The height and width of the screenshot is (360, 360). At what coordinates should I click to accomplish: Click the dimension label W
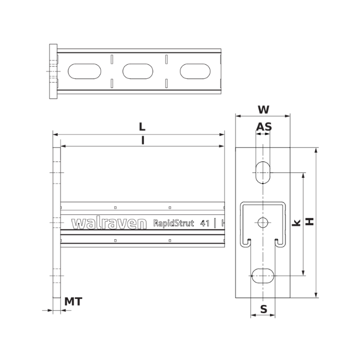(263, 109)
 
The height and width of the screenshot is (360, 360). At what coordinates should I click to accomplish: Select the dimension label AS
(264, 126)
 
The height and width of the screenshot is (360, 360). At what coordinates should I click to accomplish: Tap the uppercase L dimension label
(142, 126)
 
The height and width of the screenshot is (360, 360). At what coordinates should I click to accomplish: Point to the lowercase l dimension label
(142, 140)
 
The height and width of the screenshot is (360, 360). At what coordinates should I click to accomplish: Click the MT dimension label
(73, 301)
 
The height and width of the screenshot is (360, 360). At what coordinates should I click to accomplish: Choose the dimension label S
(263, 309)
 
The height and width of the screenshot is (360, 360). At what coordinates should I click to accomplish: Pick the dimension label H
(310, 222)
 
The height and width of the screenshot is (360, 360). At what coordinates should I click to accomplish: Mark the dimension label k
(296, 223)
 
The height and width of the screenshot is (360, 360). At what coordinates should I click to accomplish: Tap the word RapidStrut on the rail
(173, 223)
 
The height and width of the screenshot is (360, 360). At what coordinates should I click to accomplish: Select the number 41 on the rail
(205, 223)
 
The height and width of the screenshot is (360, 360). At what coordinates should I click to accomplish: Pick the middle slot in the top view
(138, 71)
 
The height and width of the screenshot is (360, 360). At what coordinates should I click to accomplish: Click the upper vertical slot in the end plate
(263, 172)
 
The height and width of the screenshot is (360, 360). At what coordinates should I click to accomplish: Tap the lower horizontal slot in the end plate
(263, 276)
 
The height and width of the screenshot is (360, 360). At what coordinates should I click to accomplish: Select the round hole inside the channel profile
(263, 223)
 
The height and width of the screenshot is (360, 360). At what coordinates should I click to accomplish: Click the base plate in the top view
(53, 71)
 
